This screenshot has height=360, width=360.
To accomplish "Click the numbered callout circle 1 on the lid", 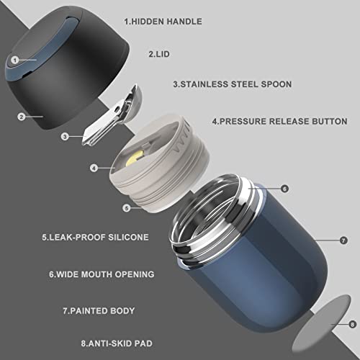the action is [x=15, y=60].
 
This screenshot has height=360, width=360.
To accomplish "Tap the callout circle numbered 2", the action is [x=22, y=117].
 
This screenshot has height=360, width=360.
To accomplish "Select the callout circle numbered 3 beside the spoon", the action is [x=65, y=137].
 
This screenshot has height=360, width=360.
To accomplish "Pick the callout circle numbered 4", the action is [x=94, y=168].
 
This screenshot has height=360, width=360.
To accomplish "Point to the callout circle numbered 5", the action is [x=127, y=208].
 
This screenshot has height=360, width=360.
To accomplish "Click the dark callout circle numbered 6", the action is [x=284, y=189].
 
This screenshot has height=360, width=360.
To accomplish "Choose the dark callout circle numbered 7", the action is [x=343, y=240].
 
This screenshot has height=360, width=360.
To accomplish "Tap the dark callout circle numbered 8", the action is [x=352, y=325].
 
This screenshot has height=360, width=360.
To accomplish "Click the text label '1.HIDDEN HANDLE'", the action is [x=163, y=22].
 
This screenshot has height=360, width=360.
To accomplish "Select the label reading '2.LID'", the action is [x=159, y=54].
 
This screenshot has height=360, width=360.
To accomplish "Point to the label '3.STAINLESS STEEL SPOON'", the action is [x=233, y=84].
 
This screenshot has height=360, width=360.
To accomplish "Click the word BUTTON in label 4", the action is [x=330, y=121].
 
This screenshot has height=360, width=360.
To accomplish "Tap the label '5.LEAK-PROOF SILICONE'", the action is [x=95, y=238].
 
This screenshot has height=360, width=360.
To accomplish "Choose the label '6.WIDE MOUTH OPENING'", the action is [x=102, y=274].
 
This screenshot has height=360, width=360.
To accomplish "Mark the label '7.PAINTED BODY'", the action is [x=99, y=311].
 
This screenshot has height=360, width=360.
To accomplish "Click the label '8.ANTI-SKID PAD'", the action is [x=117, y=343].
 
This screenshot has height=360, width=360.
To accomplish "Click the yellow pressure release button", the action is [x=135, y=158].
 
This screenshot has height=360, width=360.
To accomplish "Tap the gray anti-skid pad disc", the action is [x=320, y=325].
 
